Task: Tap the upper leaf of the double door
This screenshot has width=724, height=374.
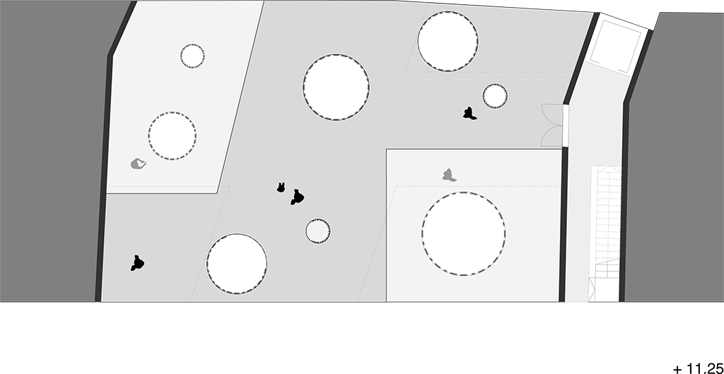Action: [x=551, y=115]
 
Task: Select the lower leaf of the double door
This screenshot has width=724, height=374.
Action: [x=551, y=136]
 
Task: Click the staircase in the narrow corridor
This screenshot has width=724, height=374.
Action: [x=605, y=233]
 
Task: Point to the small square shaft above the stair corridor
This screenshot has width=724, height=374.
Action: [x=616, y=46]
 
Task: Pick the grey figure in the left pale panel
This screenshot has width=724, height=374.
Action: [x=138, y=163]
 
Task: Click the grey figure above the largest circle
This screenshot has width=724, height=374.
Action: [x=449, y=175]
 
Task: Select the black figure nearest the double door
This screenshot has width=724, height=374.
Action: [x=469, y=114]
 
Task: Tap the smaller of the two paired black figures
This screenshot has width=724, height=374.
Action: [x=281, y=187]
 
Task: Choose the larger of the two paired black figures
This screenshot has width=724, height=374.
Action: [x=298, y=198]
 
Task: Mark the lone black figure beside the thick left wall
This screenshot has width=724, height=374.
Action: [x=137, y=263]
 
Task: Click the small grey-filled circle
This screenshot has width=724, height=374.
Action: [x=317, y=231]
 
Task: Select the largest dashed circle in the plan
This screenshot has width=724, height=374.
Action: [x=463, y=233]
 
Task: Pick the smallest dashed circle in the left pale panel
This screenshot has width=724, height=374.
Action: [x=192, y=57]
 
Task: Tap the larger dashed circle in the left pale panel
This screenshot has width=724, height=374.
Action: [x=173, y=136]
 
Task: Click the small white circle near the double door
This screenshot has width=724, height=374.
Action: [x=495, y=96]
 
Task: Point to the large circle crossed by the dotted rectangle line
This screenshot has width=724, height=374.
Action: [x=448, y=41]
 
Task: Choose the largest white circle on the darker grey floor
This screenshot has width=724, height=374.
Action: [x=336, y=87]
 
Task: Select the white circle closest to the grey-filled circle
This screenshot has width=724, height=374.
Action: [x=237, y=264]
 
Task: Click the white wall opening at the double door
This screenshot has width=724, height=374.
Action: [x=566, y=126]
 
